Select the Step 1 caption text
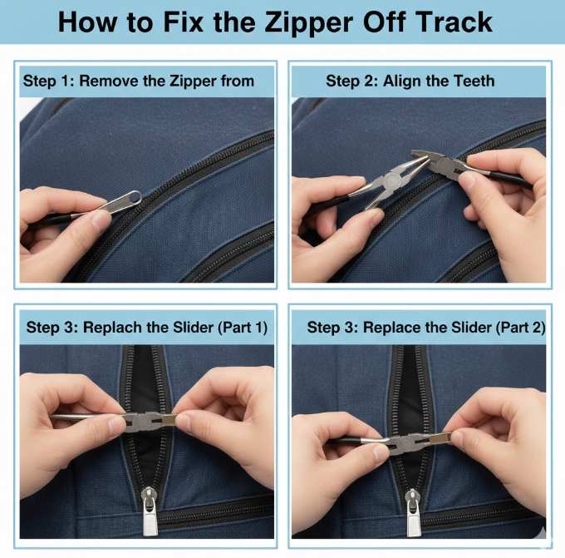coord(138,81)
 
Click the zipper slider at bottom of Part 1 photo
coord(150,511)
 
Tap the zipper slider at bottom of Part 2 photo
coord(413,509)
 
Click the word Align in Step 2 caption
coord(402,81)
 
